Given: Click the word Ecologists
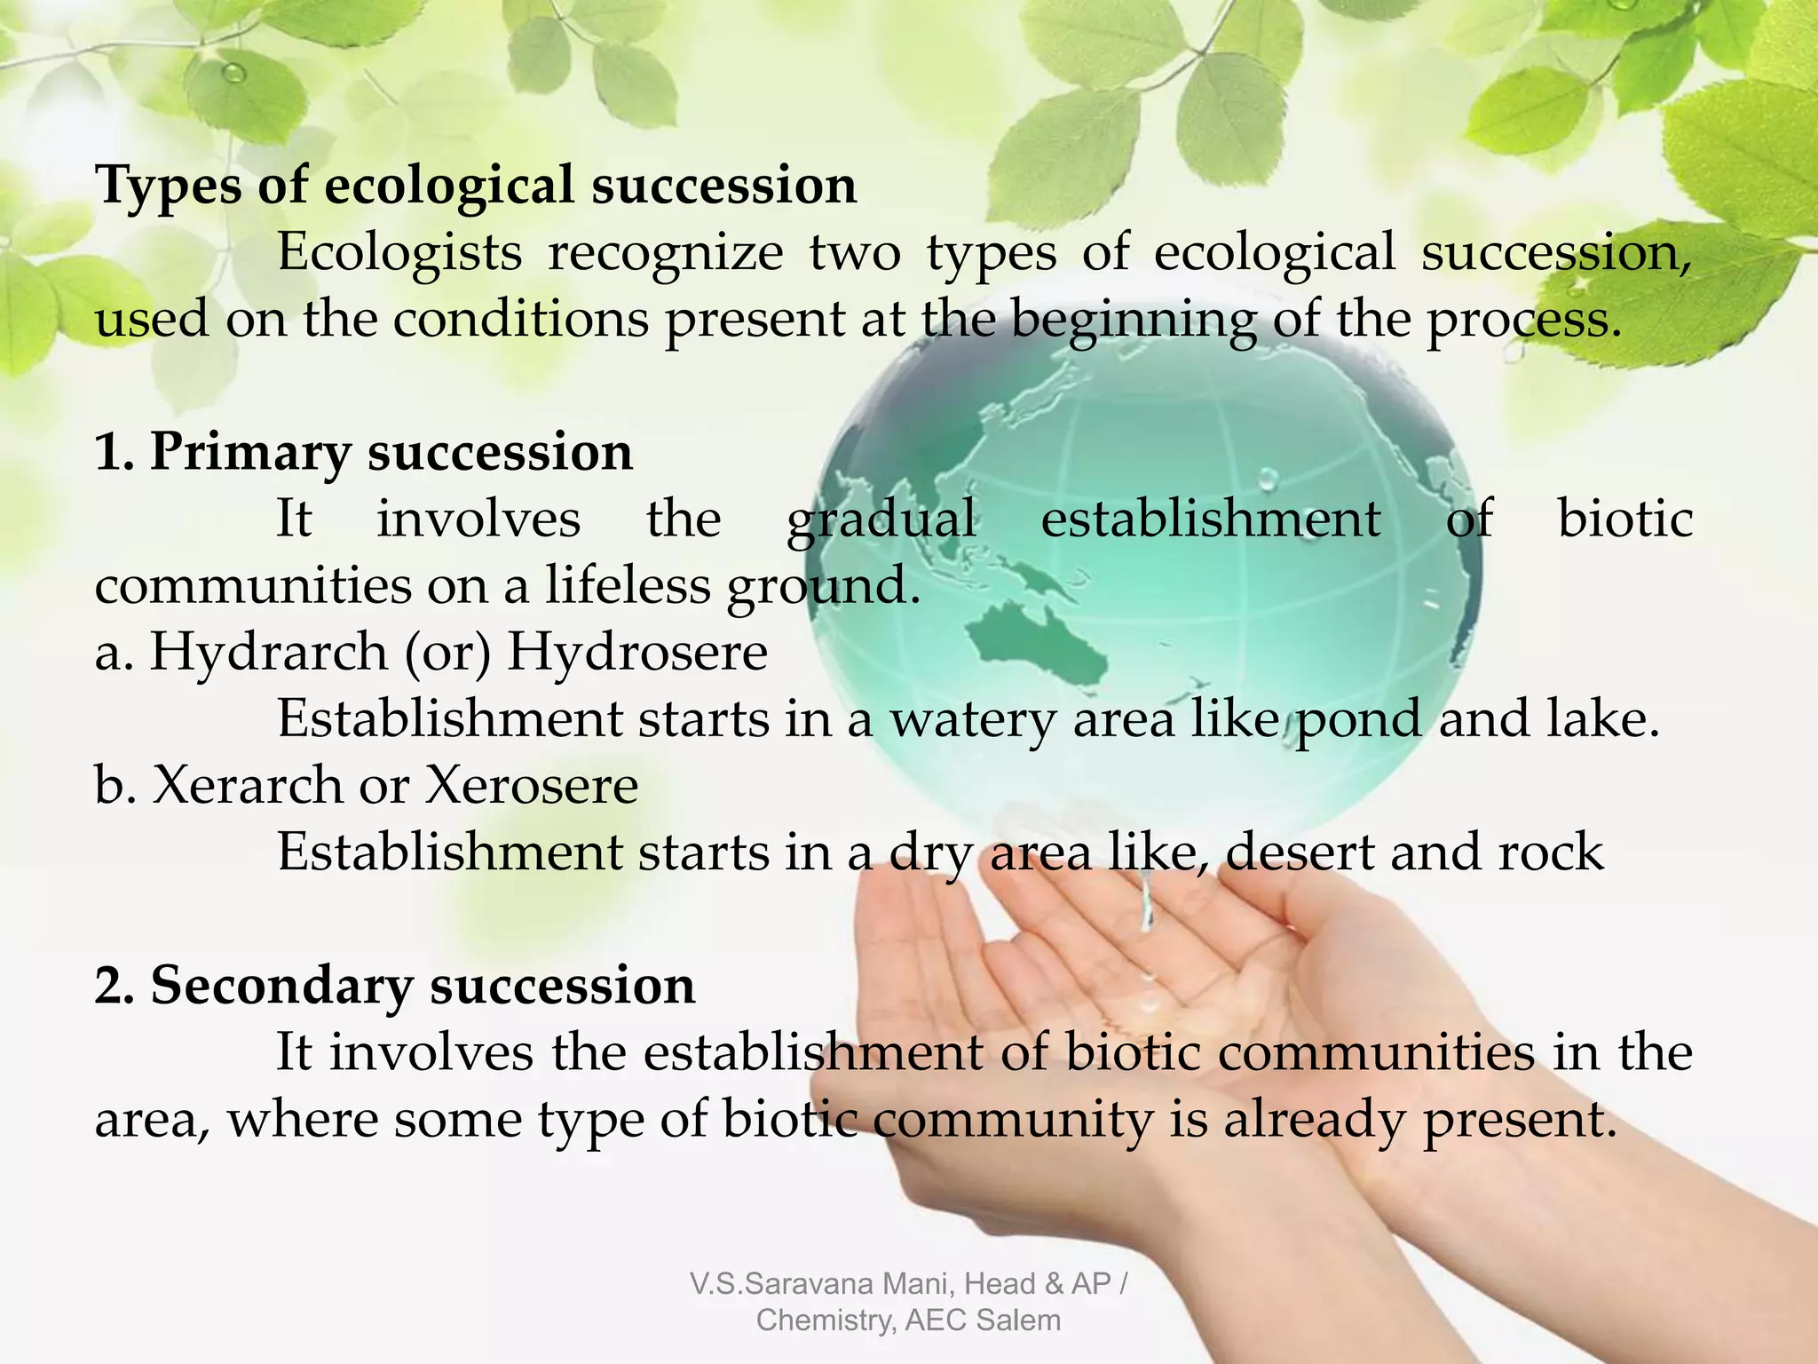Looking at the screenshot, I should (399, 253).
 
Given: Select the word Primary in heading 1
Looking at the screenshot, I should (249, 453).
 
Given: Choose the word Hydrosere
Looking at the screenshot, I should (637, 653).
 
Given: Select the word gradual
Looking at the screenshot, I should (881, 519).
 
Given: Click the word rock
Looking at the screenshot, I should (1551, 852).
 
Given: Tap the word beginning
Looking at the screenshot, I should (1133, 320).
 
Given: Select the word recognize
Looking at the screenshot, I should (666, 253).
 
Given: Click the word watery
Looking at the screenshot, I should (971, 719).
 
